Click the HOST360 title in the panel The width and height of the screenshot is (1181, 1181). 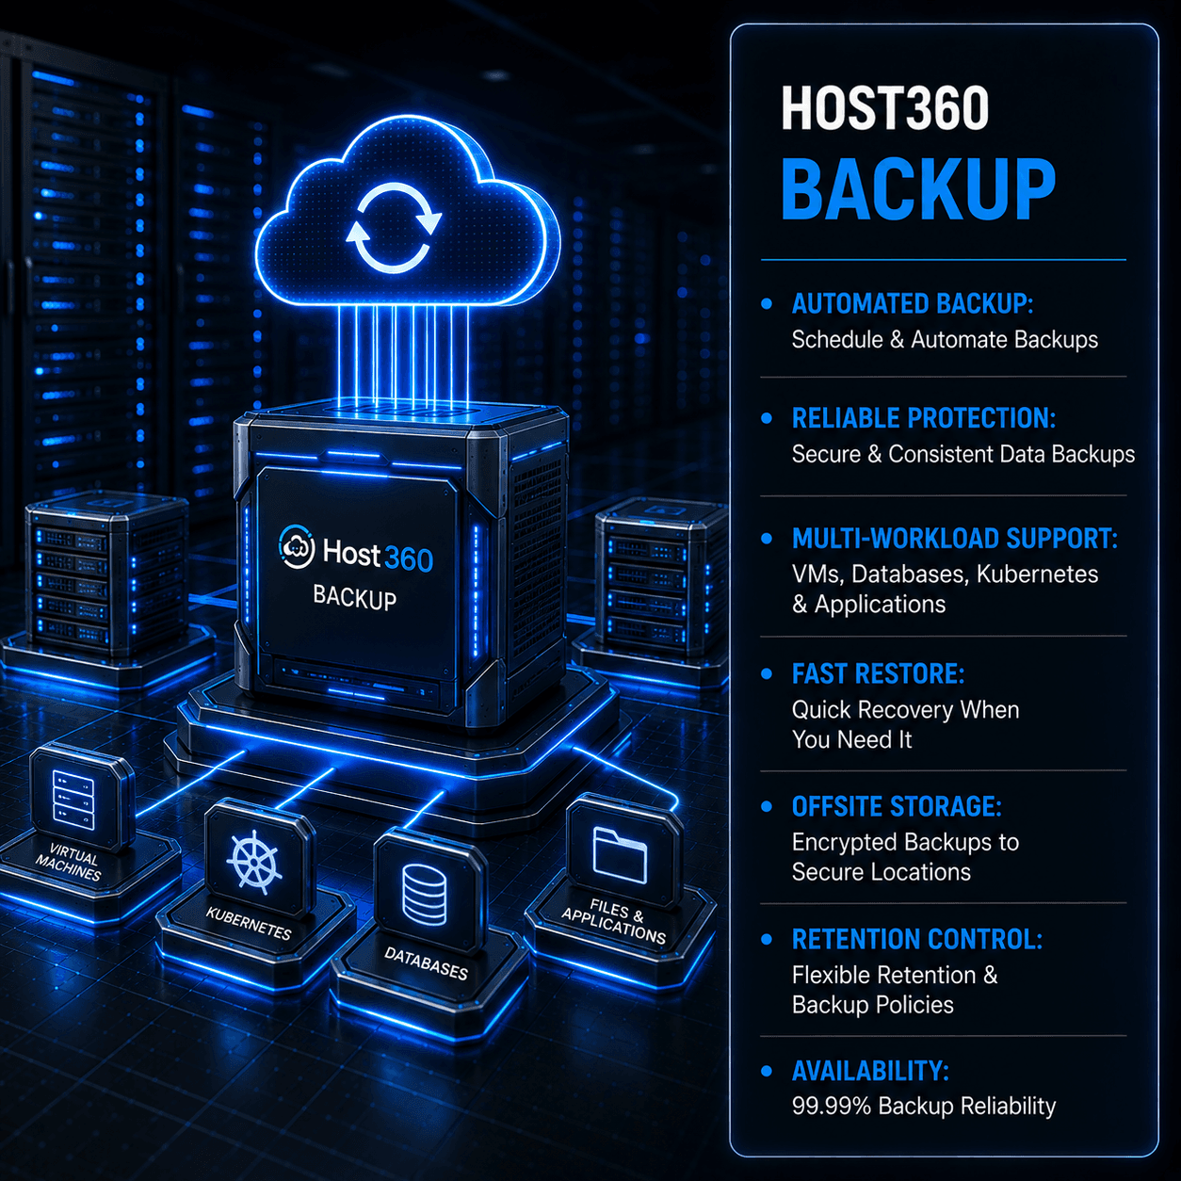[884, 108]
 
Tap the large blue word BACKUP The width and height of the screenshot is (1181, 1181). [918, 189]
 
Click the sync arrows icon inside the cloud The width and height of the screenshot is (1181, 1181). [394, 229]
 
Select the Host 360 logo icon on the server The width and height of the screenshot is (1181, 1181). [298, 546]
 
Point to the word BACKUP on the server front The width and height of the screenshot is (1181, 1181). [354, 597]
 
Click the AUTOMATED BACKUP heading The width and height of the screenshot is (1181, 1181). [912, 304]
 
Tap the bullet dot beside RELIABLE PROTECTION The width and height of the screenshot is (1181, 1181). [766, 418]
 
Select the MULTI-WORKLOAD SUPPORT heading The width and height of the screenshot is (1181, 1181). [954, 539]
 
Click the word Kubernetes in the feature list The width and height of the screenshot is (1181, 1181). [1037, 574]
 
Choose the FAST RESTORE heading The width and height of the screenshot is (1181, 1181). [878, 674]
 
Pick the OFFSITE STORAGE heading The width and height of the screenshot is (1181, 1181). [896, 806]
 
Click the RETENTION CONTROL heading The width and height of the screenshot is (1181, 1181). [917, 940]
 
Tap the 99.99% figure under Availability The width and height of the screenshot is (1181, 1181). [831, 1107]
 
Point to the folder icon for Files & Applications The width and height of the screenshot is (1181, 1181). [620, 855]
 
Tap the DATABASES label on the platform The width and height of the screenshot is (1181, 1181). [426, 963]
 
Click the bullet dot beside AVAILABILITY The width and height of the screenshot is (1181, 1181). [766, 1072]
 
